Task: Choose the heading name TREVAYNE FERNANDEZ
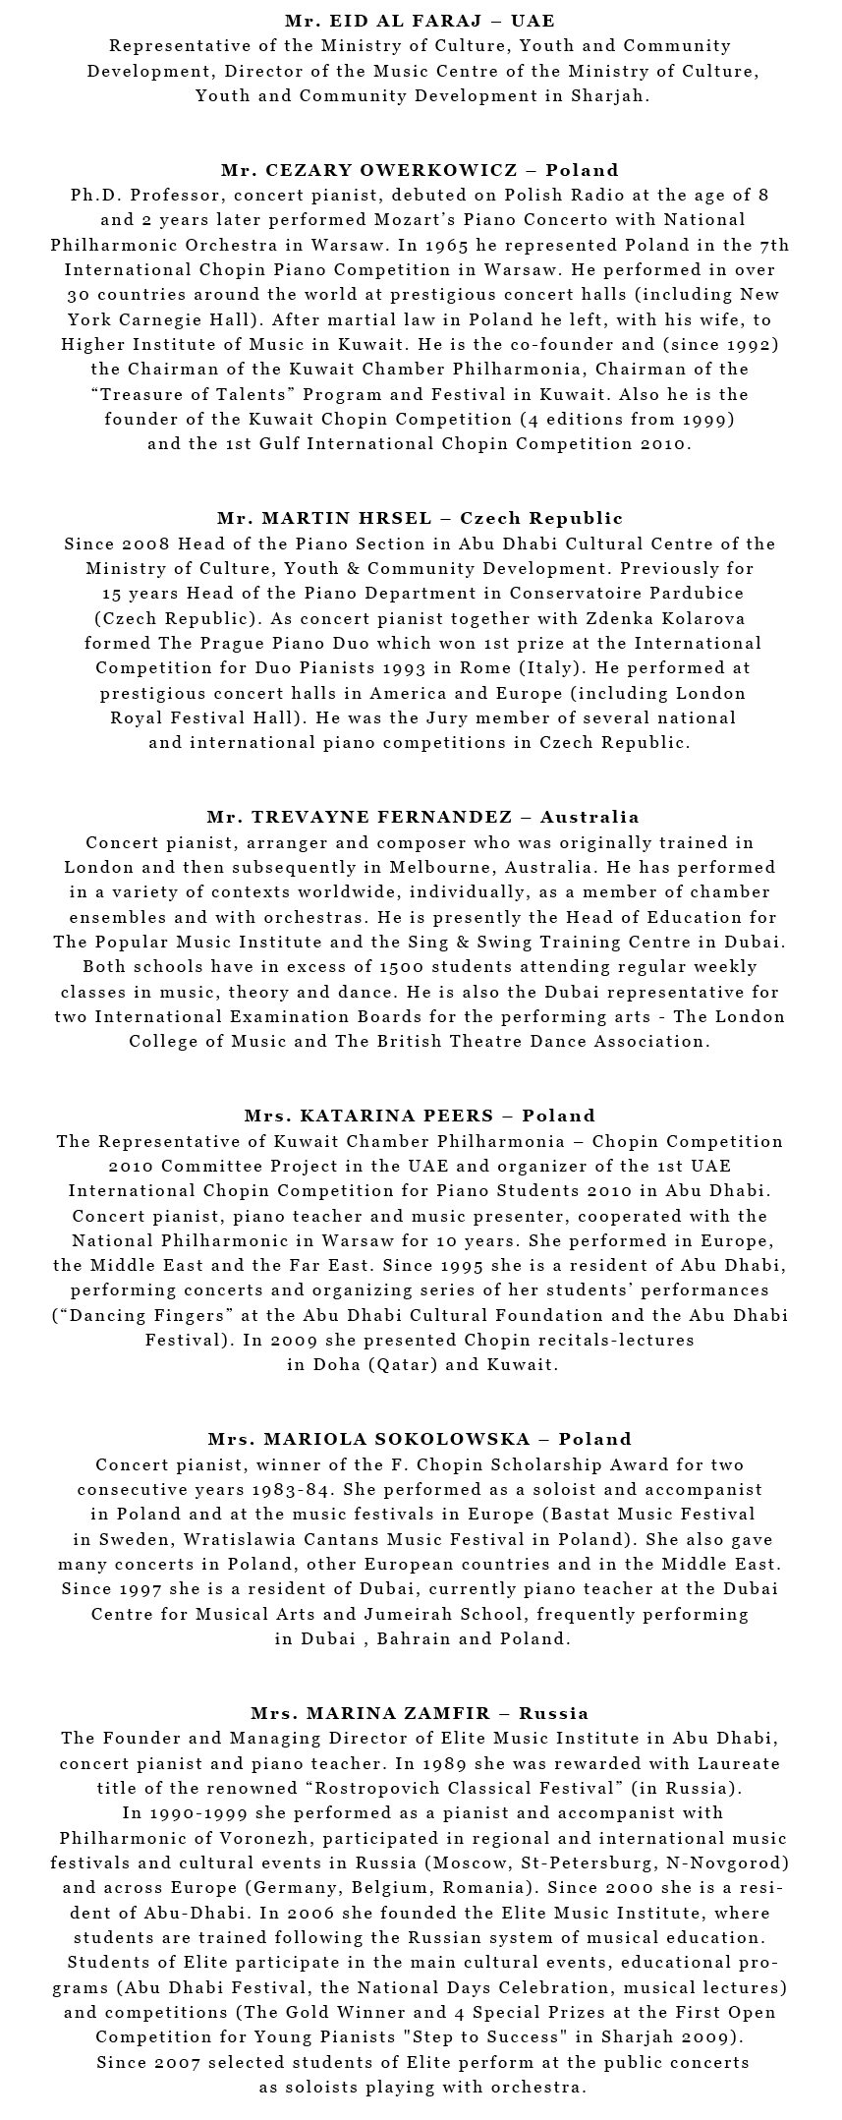coord(382,817)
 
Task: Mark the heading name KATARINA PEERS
coord(397,1116)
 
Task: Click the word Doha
coord(335,1364)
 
